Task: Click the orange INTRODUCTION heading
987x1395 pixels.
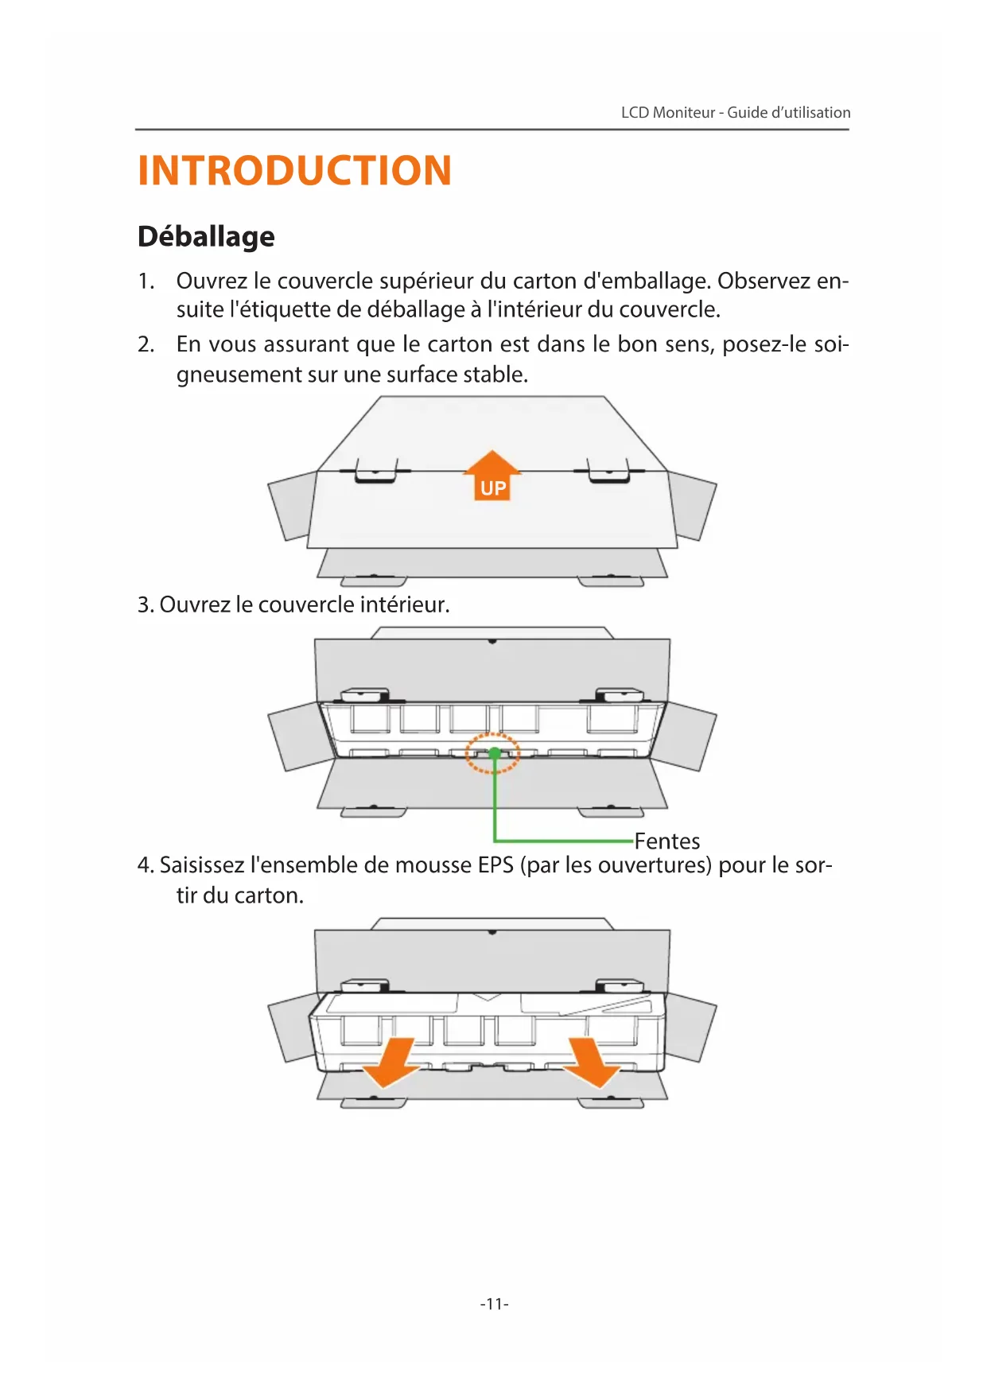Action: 294,171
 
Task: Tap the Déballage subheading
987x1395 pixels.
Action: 206,237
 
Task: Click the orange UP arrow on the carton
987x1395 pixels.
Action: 492,476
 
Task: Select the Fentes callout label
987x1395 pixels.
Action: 666,841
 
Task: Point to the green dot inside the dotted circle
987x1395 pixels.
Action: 494,752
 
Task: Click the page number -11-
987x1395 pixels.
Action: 494,1304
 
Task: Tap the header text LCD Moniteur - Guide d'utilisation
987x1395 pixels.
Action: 735,112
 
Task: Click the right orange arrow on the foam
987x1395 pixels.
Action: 593,1063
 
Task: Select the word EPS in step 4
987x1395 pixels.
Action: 495,865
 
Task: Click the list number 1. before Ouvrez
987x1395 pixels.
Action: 146,281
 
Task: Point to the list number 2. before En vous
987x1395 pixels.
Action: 146,344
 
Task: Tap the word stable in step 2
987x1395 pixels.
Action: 495,375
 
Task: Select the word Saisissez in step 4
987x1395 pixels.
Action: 202,865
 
